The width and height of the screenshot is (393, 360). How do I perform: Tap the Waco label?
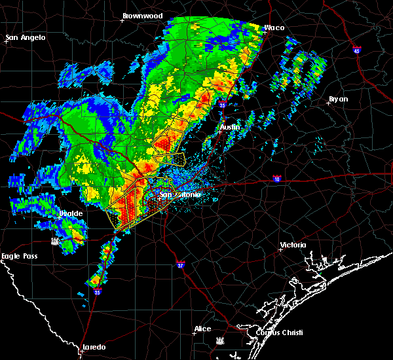click(x=274, y=27)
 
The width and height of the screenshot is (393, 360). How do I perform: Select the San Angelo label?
click(x=26, y=37)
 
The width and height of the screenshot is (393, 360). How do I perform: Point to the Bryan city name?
click(x=339, y=99)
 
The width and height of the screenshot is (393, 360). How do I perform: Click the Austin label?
click(x=230, y=127)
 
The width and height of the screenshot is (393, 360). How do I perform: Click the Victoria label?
click(x=293, y=245)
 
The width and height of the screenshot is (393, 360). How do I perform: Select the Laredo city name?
click(x=94, y=347)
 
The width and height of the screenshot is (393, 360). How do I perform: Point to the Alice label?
click(x=203, y=329)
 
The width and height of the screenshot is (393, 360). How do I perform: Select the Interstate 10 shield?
click(x=278, y=178)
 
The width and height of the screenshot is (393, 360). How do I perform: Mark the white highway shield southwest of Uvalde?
click(x=56, y=241)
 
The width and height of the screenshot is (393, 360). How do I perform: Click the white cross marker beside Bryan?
click(x=328, y=102)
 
